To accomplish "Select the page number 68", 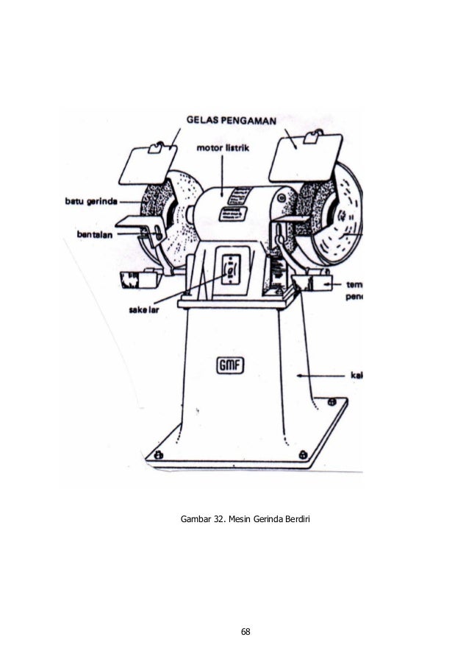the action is tap(246, 632).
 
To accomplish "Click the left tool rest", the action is tap(132, 223).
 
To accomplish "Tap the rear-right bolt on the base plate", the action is tap(332, 401).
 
